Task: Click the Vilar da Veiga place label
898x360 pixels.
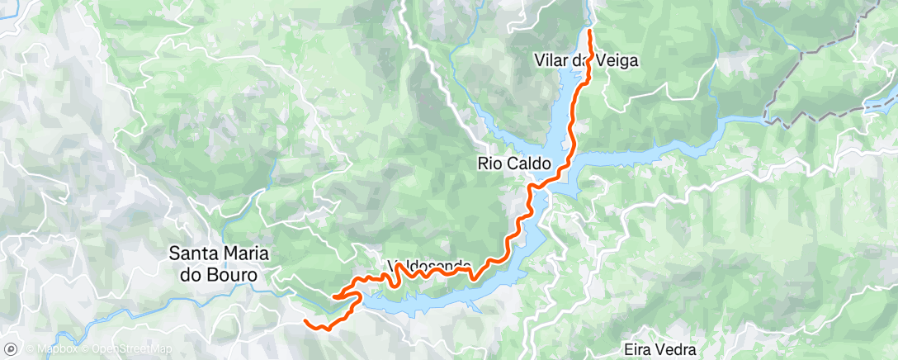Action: point(587,61)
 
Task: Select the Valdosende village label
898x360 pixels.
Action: point(429,267)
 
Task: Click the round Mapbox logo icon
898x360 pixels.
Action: point(11,349)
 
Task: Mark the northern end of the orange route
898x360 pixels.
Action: point(590,31)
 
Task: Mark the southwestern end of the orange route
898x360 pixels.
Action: point(305,320)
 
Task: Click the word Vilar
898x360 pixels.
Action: point(552,61)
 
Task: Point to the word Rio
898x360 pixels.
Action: point(489,164)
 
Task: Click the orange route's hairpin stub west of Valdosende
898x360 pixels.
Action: point(335,296)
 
